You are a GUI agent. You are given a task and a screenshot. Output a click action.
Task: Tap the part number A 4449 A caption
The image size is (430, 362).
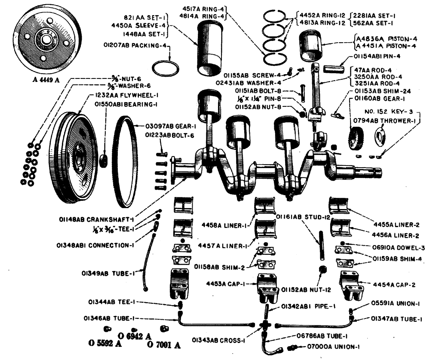(x=39, y=79)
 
